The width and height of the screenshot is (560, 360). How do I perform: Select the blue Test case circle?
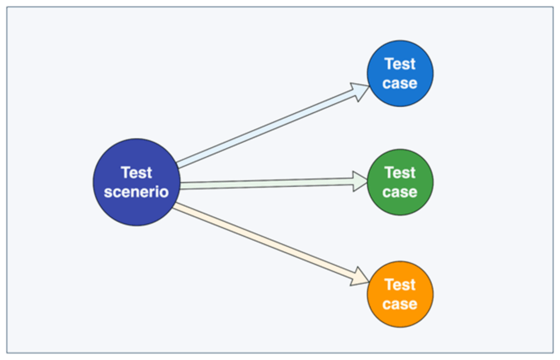(400, 73)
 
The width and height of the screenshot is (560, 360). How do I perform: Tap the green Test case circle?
(400, 182)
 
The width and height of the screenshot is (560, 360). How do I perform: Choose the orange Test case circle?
(400, 294)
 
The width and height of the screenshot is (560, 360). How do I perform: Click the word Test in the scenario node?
(136, 173)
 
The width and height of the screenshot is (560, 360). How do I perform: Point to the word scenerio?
(136, 192)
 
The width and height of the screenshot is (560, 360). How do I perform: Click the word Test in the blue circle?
(400, 64)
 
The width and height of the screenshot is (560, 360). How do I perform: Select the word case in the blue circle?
(400, 84)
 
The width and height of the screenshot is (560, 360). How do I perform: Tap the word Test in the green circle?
(400, 173)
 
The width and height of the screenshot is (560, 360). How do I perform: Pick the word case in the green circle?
(400, 192)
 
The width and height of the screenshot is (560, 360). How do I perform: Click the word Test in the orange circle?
(400, 285)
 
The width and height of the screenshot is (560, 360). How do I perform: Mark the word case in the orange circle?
(400, 304)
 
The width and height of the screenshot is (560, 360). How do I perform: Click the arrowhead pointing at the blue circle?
(360, 91)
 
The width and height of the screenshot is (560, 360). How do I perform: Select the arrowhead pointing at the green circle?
(360, 182)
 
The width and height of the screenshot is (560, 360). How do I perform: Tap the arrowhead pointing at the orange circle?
(360, 276)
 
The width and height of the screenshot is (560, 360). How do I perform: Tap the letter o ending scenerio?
(164, 193)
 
